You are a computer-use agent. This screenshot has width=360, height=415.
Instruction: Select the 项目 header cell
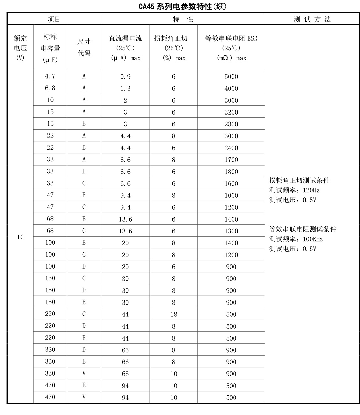pyautogui.click(x=54, y=19)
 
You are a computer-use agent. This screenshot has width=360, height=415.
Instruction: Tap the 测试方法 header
pyautogui.click(x=312, y=19)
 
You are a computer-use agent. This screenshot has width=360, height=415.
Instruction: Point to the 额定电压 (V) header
pyautogui.click(x=20, y=48)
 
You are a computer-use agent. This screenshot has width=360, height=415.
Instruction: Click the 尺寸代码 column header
pyautogui.click(x=84, y=48)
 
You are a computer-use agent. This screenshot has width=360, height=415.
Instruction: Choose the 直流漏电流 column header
pyautogui.click(x=126, y=48)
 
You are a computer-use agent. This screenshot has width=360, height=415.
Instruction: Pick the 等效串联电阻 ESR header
pyautogui.click(x=231, y=48)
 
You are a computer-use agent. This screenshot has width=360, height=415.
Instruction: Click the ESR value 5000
pyautogui.click(x=231, y=77)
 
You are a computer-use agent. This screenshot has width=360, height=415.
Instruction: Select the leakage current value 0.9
pyautogui.click(x=126, y=77)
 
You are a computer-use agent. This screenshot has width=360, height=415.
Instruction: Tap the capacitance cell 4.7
pyautogui.click(x=50, y=76)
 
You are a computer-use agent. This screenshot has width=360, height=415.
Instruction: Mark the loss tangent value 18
pyautogui.click(x=174, y=315)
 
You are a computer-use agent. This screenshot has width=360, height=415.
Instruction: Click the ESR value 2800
pyautogui.click(x=231, y=124)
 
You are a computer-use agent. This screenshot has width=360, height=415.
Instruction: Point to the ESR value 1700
pyautogui.click(x=231, y=160)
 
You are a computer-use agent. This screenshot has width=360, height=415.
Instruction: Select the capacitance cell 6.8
pyautogui.click(x=50, y=88)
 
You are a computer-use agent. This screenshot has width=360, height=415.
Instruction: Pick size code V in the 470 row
pyautogui.click(x=84, y=397)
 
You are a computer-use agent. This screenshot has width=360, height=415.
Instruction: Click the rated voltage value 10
pyautogui.click(x=20, y=237)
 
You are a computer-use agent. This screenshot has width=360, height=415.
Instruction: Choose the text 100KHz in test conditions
pyautogui.click(x=313, y=239)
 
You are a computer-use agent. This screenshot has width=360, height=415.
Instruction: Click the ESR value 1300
pyautogui.click(x=231, y=231)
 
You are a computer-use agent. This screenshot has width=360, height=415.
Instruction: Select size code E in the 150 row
pyautogui.click(x=84, y=302)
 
